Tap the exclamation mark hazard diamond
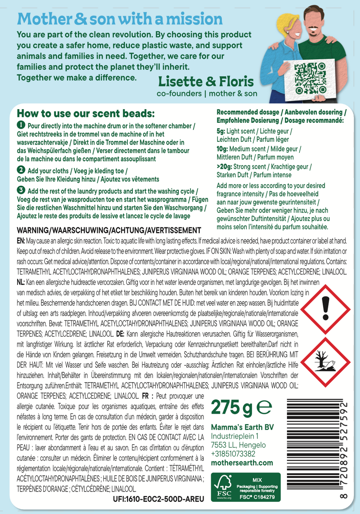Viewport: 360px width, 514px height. point(325,309)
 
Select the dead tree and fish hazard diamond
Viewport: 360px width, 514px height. point(325,362)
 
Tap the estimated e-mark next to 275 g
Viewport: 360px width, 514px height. point(264,408)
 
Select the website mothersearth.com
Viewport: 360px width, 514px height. point(242,463)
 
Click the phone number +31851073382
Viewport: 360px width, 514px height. point(233,454)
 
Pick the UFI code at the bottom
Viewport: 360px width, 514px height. point(158,499)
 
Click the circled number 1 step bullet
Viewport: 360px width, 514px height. point(21,125)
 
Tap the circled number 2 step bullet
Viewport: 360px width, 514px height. point(21,170)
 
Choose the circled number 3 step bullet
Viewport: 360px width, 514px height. point(21,190)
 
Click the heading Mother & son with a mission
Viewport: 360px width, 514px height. point(120,19)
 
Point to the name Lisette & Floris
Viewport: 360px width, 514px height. point(206,82)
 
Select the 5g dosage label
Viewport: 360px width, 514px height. point(221,131)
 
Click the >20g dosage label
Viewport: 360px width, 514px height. point(224,167)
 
